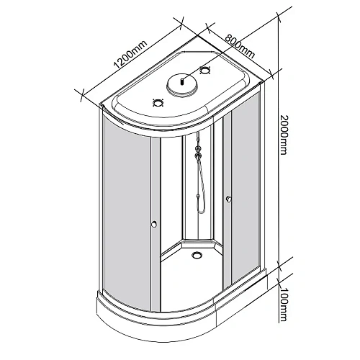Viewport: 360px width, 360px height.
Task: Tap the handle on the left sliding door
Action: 153,226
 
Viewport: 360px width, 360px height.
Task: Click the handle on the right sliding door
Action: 228,199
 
